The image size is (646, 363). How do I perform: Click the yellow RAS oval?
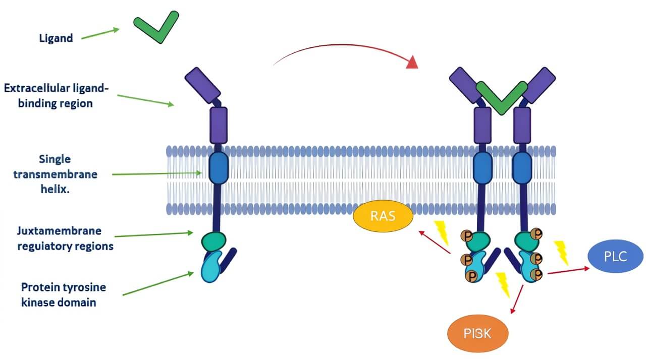[383, 216]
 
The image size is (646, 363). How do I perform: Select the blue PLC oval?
[615, 256]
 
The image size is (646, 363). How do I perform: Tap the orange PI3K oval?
[477, 333]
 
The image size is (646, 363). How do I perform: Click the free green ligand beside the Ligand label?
[156, 27]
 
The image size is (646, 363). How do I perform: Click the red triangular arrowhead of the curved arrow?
[412, 62]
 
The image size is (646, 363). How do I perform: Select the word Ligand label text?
[56, 38]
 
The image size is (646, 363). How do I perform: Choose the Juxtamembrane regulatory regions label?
[60, 238]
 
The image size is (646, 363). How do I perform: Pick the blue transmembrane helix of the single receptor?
[219, 165]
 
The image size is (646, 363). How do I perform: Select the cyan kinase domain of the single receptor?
[211, 267]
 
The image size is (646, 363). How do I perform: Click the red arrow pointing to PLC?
[568, 271]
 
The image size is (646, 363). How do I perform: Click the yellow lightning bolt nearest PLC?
[561, 252]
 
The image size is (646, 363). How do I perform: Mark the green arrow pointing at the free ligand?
[100, 33]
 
